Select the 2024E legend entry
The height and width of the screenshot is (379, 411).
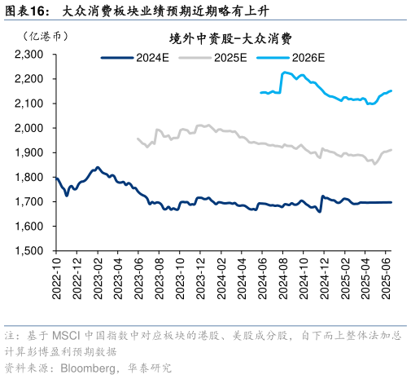134,57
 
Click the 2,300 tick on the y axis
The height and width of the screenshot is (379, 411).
29,55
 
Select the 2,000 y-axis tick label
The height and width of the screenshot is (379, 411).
29,128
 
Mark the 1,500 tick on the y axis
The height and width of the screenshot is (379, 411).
29,251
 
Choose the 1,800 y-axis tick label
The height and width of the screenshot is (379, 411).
29,177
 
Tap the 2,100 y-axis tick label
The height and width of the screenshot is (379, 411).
29,104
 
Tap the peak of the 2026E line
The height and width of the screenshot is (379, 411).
284,73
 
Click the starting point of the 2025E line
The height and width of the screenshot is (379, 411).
137,139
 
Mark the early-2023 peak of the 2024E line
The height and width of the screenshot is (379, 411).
98,168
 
